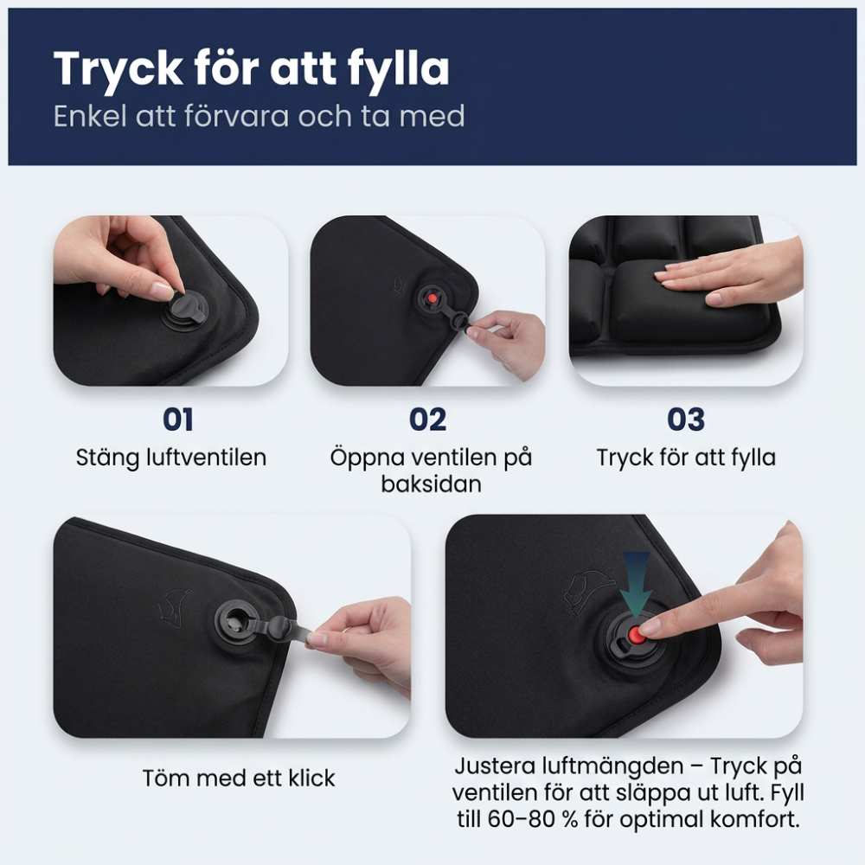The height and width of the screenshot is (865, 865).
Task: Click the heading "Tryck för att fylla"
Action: pyautogui.click(x=251, y=68)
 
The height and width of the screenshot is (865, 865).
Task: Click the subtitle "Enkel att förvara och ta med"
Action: pyautogui.click(x=259, y=116)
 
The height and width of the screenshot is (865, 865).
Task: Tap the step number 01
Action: pyautogui.click(x=177, y=420)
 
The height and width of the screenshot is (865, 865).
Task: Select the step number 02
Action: pyautogui.click(x=427, y=420)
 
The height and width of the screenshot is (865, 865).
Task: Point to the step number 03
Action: pyautogui.click(x=685, y=420)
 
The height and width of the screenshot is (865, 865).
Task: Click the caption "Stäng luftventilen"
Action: pyautogui.click(x=171, y=457)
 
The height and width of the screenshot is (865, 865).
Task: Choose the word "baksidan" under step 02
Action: pyautogui.click(x=431, y=484)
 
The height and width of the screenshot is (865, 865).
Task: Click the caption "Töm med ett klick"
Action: pyautogui.click(x=239, y=778)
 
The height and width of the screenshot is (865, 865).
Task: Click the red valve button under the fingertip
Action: pyautogui.click(x=638, y=634)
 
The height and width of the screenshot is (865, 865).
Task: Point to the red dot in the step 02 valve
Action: pyautogui.click(x=431, y=298)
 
